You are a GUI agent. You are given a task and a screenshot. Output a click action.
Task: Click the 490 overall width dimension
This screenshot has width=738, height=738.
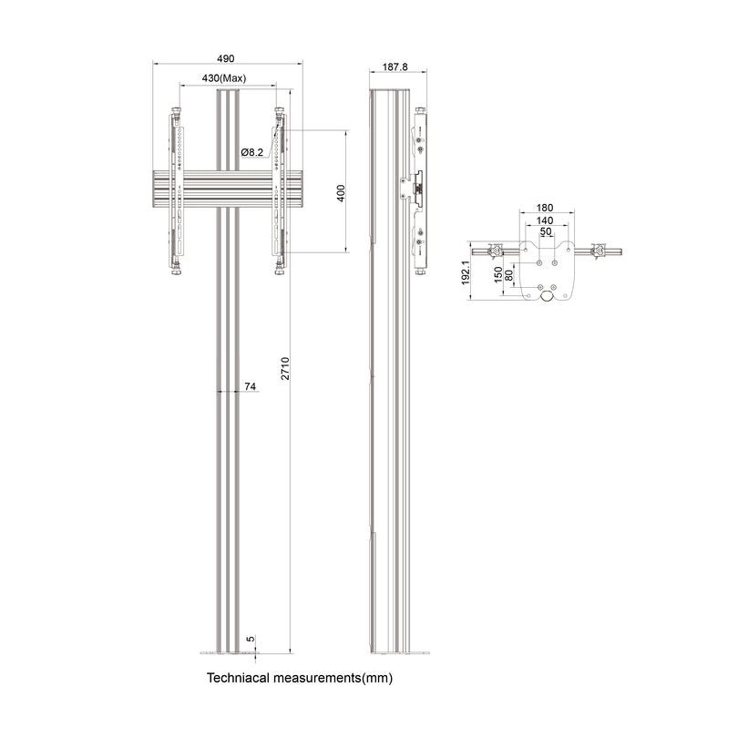tap(227, 57)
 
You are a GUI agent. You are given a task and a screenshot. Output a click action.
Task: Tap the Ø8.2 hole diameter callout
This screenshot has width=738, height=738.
tap(252, 152)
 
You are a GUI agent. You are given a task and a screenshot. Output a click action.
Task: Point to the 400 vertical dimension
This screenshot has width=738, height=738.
tap(340, 192)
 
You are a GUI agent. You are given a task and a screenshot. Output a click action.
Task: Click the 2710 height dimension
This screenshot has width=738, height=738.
tap(285, 368)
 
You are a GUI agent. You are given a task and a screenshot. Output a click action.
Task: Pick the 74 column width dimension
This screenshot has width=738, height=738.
tap(250, 387)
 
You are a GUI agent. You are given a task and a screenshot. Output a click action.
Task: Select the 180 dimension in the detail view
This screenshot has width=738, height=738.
tap(545, 207)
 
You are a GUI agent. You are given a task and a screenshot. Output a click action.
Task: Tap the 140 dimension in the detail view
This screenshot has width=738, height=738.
tap(545, 220)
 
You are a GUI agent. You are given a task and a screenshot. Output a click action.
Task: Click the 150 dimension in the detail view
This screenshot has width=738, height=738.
tap(497, 275)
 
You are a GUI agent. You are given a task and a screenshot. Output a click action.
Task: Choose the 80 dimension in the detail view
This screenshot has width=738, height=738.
tap(508, 272)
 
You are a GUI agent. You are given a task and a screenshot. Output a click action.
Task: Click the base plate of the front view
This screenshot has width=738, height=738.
tap(227, 652)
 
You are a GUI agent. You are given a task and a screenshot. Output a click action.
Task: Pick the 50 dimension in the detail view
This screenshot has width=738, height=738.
tap(545, 233)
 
